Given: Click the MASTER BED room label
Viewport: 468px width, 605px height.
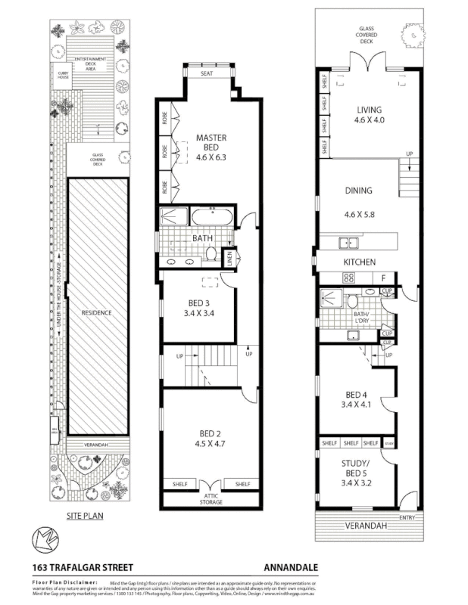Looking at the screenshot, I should point(211,138).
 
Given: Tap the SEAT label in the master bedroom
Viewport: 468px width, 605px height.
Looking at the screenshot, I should point(207,74).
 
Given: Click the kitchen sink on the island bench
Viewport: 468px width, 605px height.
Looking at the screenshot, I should point(349,243).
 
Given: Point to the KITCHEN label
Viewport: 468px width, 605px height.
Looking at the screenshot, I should point(360,261).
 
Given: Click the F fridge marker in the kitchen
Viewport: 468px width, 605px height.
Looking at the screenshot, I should point(385,278).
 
